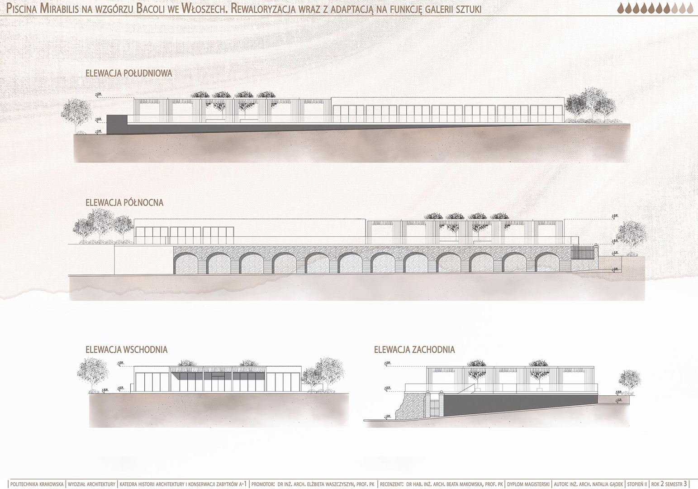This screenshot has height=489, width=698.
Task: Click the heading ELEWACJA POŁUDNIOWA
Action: click(x=129, y=73)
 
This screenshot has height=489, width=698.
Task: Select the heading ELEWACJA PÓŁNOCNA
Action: click(x=124, y=203)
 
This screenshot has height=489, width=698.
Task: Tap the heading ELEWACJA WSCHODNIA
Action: click(x=127, y=350)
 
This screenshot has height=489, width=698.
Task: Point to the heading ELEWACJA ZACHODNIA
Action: click(x=414, y=350)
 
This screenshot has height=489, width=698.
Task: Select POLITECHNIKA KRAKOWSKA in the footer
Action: click(x=37, y=484)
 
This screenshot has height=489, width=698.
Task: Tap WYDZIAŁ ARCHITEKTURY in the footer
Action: click(x=91, y=484)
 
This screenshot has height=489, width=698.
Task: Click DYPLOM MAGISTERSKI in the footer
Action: click(x=528, y=484)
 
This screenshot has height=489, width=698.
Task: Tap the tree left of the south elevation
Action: click(x=76, y=113)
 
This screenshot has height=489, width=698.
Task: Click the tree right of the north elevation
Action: click(x=631, y=235)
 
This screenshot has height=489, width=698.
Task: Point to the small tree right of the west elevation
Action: click(x=629, y=381)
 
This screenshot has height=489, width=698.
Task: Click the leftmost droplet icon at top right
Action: click(x=620, y=8)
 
